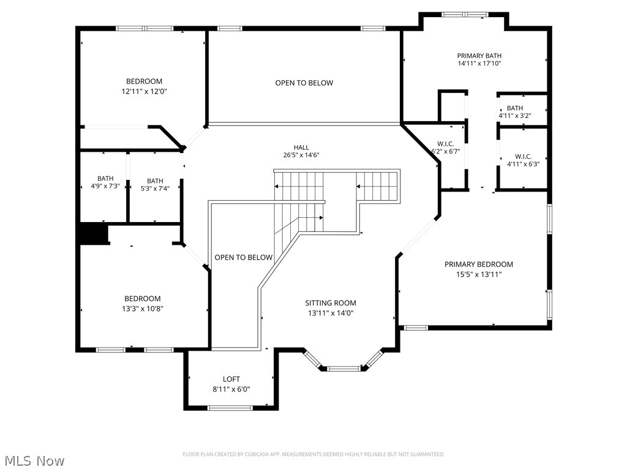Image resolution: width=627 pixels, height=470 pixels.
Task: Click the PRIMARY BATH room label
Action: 479,56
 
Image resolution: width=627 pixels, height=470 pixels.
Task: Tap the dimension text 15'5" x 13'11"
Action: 479,274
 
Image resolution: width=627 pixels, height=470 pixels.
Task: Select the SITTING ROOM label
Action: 331,303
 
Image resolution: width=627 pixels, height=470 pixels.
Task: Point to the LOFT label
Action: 231,379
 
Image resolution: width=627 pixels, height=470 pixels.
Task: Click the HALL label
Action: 301,147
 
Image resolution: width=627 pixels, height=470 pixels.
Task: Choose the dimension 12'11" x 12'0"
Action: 145,91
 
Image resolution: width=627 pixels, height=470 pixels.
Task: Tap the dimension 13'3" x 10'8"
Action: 143,308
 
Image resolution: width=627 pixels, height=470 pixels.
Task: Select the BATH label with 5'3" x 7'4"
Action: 155,181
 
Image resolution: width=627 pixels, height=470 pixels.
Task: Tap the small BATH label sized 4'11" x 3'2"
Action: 515,108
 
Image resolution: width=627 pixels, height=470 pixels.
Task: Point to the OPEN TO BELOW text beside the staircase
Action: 243,258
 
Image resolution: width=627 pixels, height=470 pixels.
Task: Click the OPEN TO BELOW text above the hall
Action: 304,83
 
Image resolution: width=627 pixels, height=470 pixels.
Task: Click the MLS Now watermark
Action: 33,460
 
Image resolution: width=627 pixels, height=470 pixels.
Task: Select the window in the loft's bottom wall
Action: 230,408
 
